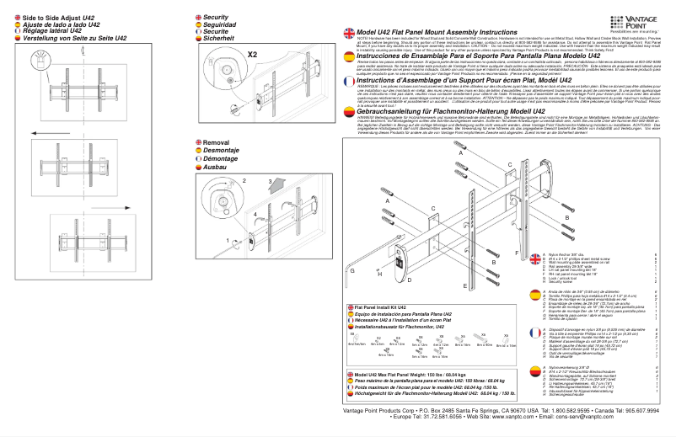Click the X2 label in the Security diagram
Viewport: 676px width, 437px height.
(253, 52)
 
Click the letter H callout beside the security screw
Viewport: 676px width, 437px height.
(382, 274)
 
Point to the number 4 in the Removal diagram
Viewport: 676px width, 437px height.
(255, 215)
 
